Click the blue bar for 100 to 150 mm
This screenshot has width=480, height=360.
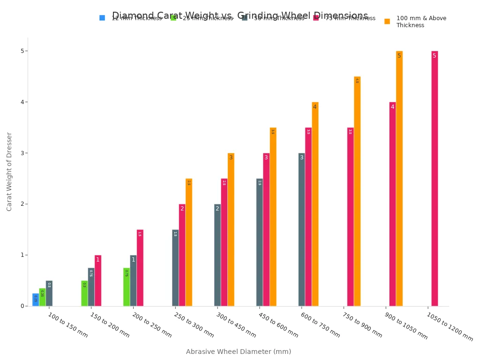click(36, 300)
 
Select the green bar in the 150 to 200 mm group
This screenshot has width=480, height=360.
click(84, 293)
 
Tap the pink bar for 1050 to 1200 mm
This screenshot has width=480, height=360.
click(435, 179)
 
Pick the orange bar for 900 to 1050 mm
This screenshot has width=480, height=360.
click(399, 179)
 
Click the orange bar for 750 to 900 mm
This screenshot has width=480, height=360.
click(357, 191)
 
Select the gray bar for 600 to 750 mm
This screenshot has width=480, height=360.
click(301, 230)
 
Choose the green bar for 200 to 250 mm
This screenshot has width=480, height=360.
click(127, 287)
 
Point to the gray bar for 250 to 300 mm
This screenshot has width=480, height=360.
click(175, 268)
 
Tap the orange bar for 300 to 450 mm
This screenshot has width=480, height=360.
click(231, 230)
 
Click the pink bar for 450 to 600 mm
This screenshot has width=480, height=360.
click(266, 230)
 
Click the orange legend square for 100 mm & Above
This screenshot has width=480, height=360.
click(387, 21)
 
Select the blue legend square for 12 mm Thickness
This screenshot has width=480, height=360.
click(102, 18)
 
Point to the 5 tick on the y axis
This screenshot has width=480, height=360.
click(27, 51)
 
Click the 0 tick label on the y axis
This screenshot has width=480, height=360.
click(22, 306)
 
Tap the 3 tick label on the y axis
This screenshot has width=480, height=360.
click(22, 153)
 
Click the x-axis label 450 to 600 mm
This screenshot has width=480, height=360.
click(278, 325)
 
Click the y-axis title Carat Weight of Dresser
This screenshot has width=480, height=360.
click(9, 172)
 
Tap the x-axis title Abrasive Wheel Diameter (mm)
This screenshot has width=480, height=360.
click(238, 352)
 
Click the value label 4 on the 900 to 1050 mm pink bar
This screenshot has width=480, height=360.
click(392, 107)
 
